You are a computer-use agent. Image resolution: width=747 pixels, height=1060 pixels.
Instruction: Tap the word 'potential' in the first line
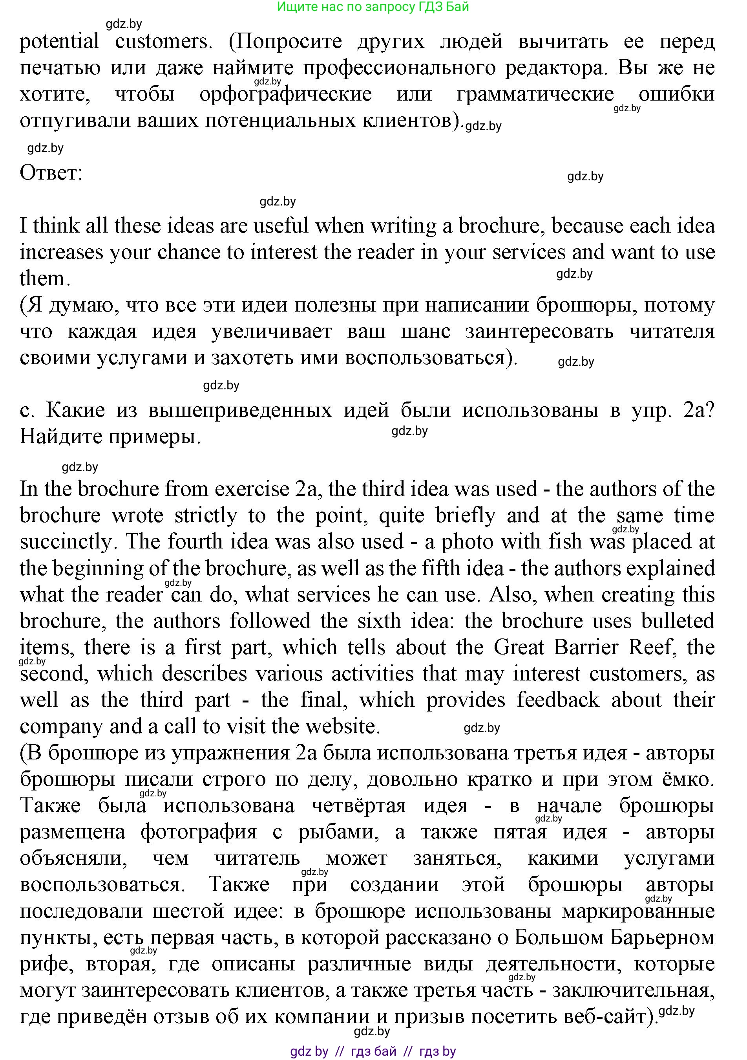[x=59, y=42]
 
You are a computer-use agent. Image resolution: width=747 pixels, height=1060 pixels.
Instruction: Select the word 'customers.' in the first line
[x=163, y=42]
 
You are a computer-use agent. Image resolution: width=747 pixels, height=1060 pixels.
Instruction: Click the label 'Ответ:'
[x=51, y=173]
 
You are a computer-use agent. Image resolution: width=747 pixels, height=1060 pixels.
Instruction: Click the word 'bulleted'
[x=678, y=621]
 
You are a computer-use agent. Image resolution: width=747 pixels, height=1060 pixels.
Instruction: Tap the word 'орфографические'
[x=286, y=94]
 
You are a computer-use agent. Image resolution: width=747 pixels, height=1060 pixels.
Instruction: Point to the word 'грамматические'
[x=535, y=94]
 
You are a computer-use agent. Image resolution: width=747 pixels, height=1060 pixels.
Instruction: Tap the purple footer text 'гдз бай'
[x=373, y=1051]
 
